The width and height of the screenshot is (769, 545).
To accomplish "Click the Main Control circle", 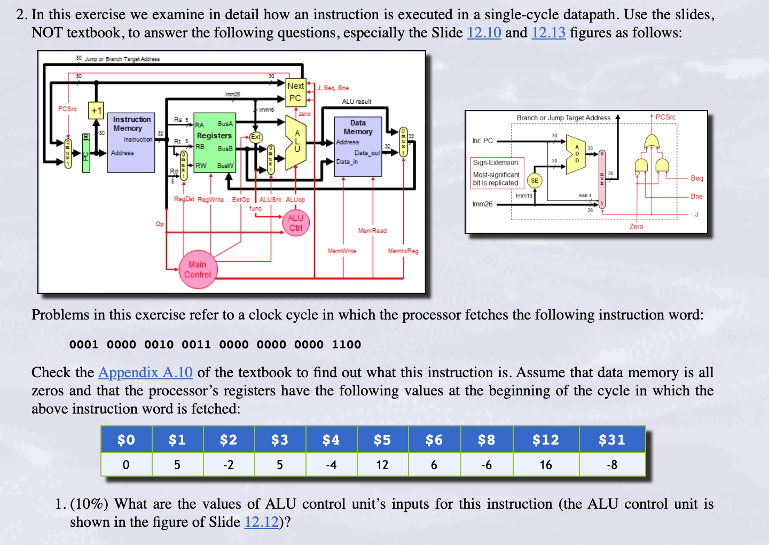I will coord(197,270).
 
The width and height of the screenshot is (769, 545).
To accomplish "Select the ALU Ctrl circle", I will coord(295,223).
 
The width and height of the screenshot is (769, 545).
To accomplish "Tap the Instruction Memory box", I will coord(131,142).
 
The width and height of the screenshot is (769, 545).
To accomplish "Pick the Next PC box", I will coord(295,92).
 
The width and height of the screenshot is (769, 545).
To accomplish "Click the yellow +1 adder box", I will coord(96,111).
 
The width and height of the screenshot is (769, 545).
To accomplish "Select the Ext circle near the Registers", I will coord(256,137).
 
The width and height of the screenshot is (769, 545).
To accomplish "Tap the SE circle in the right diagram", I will coord(534,181).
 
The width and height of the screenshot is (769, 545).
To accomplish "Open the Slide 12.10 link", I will coord(484,33).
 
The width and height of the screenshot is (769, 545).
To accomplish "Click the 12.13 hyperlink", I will coord(548,33).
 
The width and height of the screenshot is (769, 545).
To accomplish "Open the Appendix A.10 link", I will coord(145,372).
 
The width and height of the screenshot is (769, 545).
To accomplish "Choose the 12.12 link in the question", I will coord(261,522).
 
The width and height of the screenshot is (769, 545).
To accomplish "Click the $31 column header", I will coord(612,440).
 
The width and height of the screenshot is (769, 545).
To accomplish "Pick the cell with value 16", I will coord(546,465).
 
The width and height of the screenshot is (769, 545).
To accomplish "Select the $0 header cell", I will coord(126,440).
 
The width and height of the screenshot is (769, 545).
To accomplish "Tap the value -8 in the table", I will coord(612,465).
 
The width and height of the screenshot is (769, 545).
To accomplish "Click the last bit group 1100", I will coord(347,345).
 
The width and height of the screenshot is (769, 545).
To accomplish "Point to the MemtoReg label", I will coord(403,251).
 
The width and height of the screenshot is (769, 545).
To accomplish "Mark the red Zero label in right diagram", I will coord(636,227).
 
